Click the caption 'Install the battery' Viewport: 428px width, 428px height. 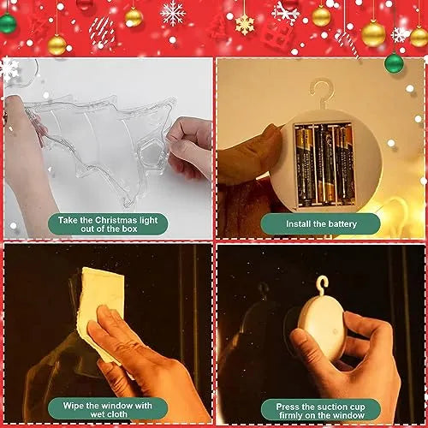click(x=320, y=224)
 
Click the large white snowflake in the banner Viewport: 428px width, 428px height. click(x=174, y=13)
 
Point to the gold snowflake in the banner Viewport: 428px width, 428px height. click(x=245, y=24)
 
